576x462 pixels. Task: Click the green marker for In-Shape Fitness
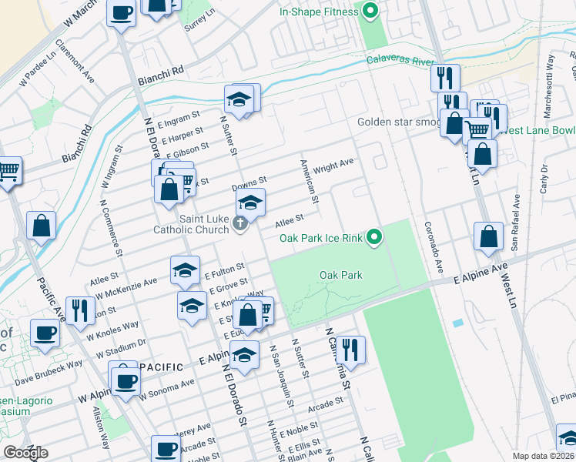pos(370,11)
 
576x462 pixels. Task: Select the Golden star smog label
pos(398,122)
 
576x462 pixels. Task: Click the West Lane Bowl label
pos(536,130)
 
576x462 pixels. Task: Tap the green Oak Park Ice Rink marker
pos(374,237)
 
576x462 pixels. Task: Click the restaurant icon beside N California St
pos(350,349)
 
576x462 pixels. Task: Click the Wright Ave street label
pos(333,164)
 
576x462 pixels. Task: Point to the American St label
pos(310,182)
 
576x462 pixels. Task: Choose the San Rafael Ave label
pos(515,224)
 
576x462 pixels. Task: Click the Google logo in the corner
pos(25,453)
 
